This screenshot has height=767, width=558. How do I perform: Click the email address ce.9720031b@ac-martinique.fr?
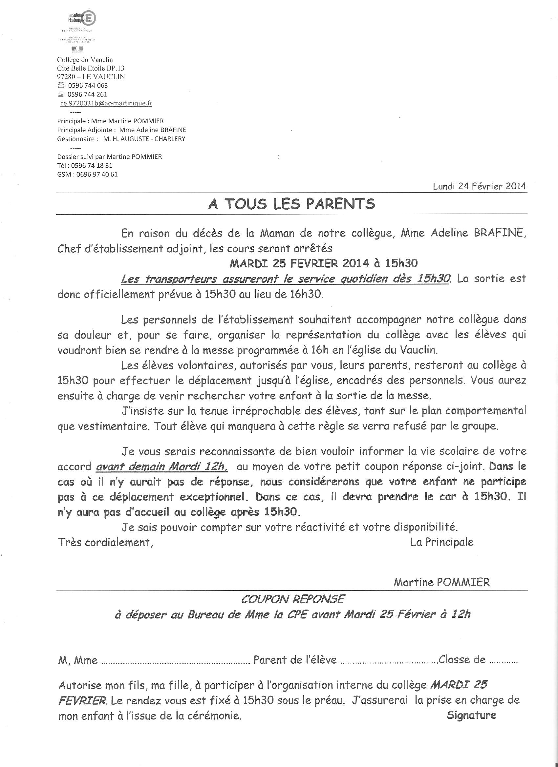(x=106, y=103)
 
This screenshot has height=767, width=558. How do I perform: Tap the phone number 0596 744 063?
(x=88, y=86)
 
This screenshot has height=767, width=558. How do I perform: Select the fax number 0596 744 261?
(x=88, y=94)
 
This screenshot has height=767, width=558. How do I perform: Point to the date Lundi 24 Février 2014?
(x=479, y=186)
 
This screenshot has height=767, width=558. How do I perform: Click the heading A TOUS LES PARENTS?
(x=291, y=204)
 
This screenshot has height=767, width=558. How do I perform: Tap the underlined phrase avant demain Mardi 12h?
(x=162, y=466)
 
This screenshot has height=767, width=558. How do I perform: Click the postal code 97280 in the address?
(x=66, y=77)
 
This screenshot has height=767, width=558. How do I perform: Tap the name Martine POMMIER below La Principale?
(x=441, y=582)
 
